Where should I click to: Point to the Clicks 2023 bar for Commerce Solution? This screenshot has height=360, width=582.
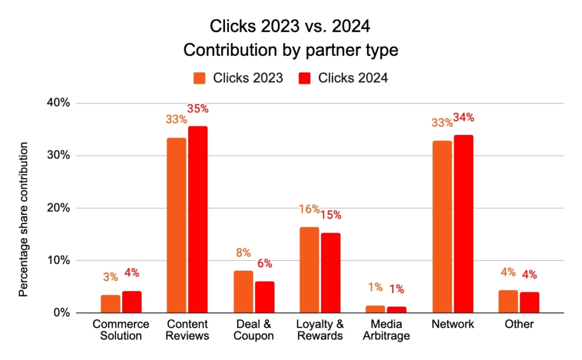[110, 304]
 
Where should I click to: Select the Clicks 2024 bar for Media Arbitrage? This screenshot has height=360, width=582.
[397, 309]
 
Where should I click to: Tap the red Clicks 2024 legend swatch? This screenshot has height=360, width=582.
[305, 78]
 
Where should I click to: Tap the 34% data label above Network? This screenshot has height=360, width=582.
[463, 118]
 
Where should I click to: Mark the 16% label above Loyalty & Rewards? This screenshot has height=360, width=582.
[309, 210]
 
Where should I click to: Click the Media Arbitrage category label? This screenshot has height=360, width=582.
[386, 330]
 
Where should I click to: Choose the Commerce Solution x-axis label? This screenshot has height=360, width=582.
[120, 330]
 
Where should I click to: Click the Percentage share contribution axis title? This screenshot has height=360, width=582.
[23, 219]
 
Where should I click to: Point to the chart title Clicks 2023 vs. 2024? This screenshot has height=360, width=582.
[290, 26]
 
